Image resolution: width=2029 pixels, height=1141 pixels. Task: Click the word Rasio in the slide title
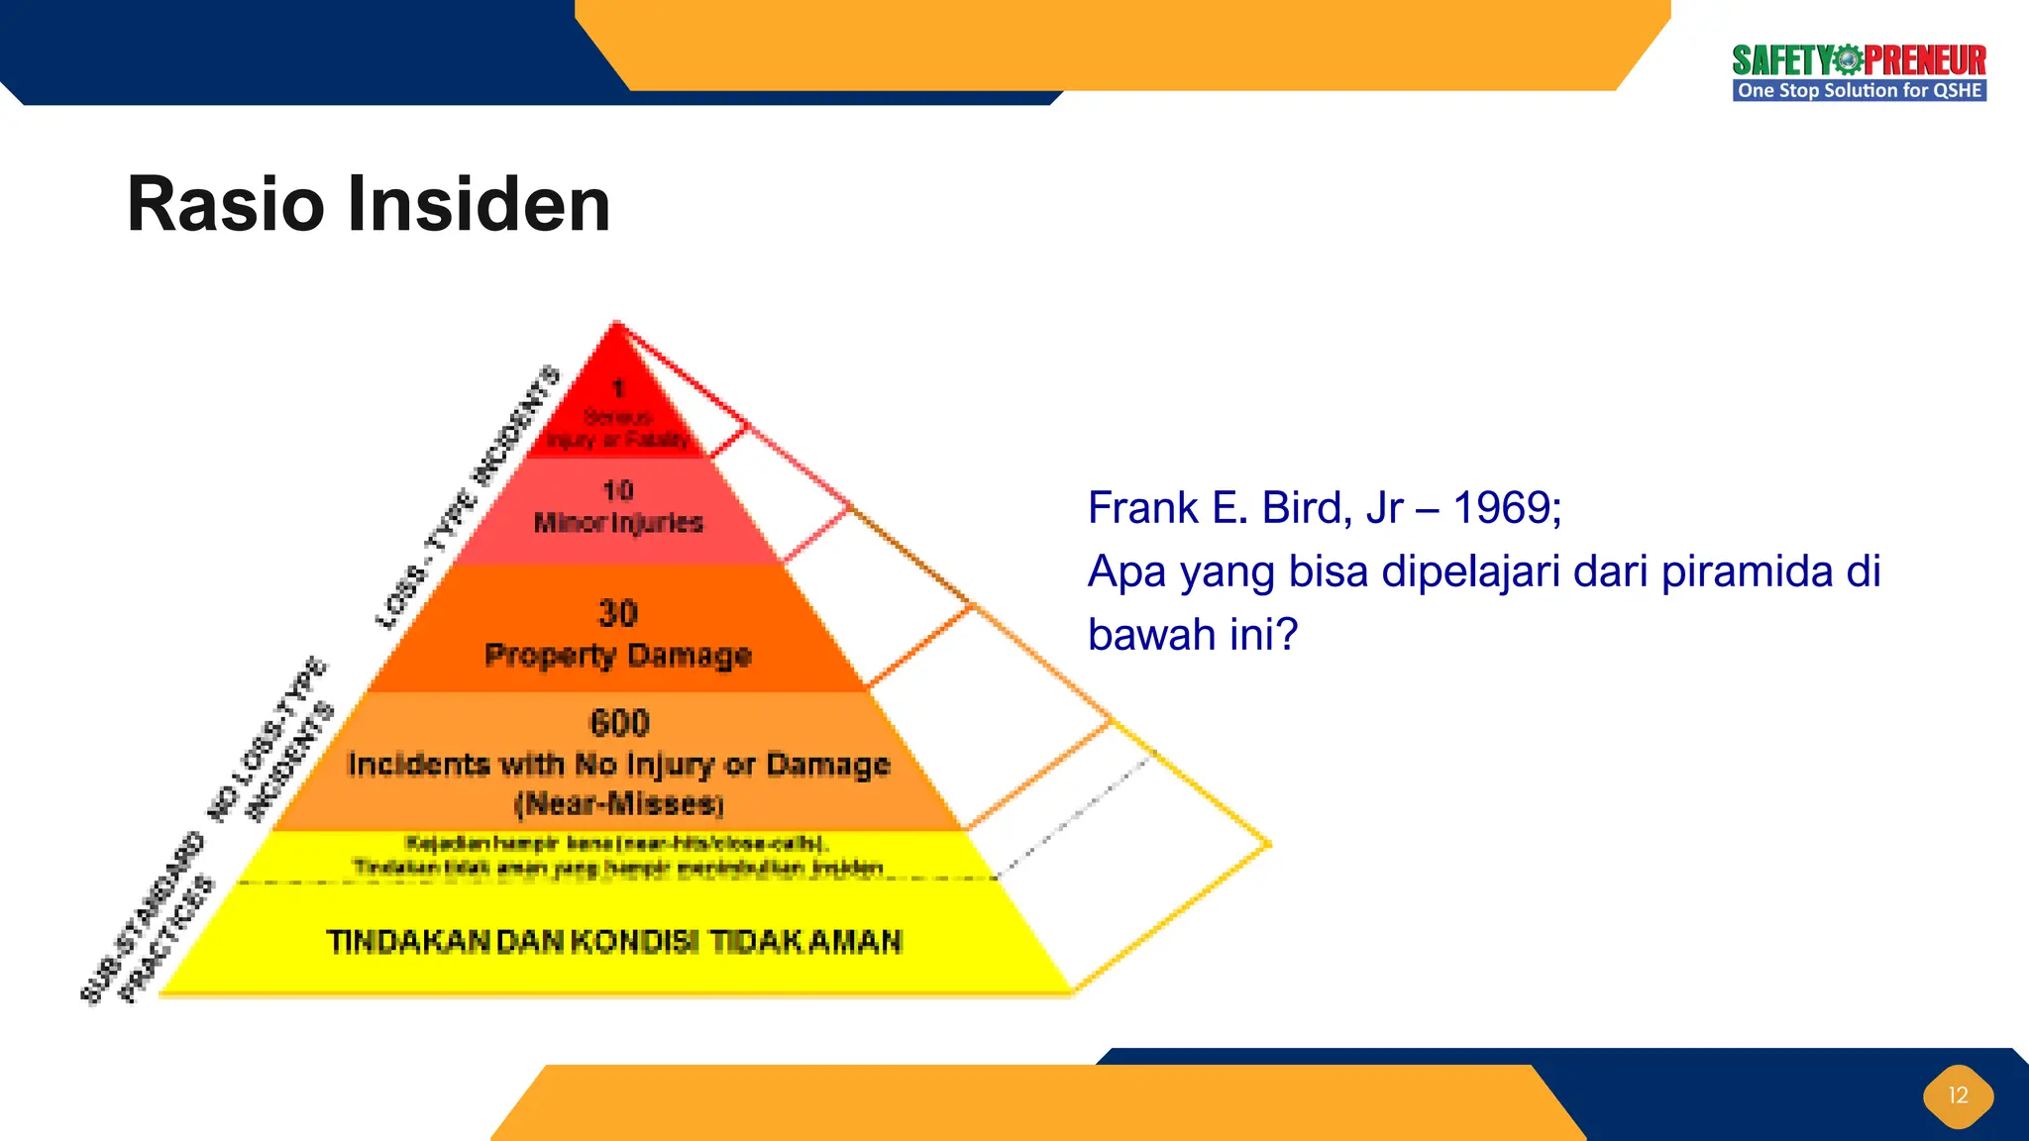coord(226,205)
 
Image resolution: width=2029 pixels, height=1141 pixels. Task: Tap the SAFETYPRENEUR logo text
coord(1859,60)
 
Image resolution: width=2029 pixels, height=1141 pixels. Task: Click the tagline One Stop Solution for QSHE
coord(1859,90)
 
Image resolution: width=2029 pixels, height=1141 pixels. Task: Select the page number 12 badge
coord(1958,1095)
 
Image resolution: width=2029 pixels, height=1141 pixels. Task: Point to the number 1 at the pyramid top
coord(618,388)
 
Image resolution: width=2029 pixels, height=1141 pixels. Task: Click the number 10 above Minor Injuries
coord(618,490)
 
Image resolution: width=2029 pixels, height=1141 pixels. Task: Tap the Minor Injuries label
coord(618,522)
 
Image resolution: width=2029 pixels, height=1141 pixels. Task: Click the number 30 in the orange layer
coord(618,613)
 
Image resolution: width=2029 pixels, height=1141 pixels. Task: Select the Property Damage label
coord(618,655)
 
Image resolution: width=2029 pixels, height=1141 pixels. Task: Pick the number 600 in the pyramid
coord(619,722)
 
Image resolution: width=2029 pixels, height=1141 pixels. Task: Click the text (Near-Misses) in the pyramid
coord(619,803)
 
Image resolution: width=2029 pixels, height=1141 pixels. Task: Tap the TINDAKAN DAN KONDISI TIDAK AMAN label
coord(614,941)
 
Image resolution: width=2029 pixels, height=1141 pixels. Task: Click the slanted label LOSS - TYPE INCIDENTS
coord(468,497)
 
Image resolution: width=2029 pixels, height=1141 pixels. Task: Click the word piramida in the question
coord(1747,571)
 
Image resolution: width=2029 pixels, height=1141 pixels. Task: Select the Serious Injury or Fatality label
coord(618,428)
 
